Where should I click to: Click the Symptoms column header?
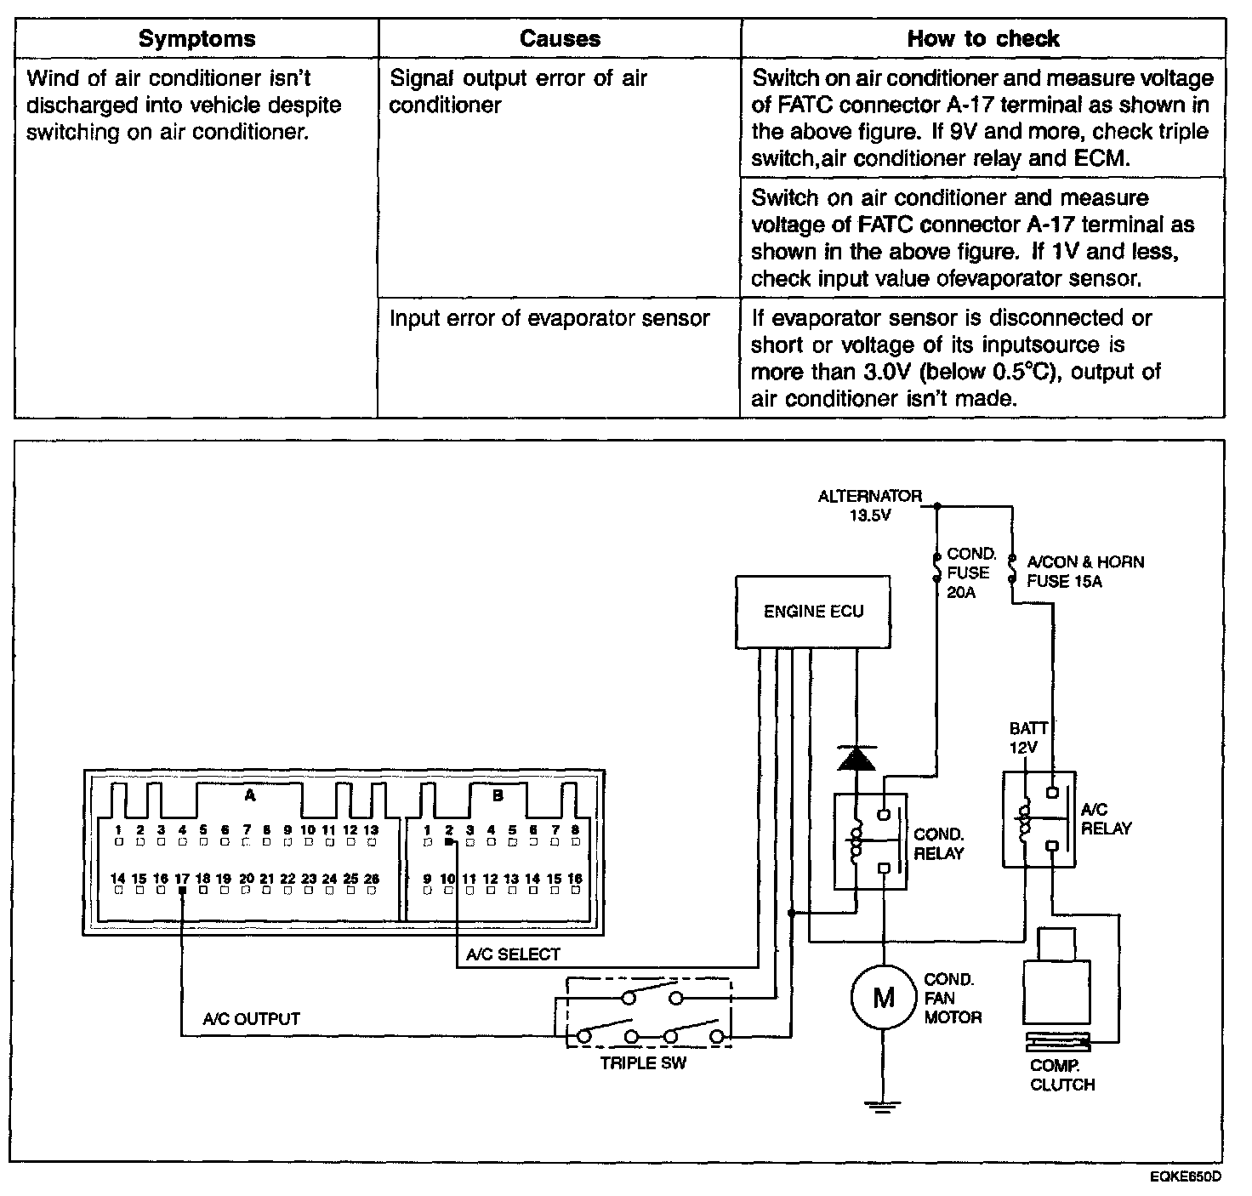(x=196, y=38)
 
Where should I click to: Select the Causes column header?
(x=560, y=38)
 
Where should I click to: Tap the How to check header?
(x=982, y=38)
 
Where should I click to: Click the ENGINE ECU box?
(x=813, y=612)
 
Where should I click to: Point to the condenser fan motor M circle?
(x=885, y=997)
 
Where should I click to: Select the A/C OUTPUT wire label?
(x=251, y=1018)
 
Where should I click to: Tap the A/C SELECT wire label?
(x=513, y=954)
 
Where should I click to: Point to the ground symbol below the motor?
(x=885, y=1106)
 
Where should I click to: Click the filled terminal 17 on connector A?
(x=182, y=891)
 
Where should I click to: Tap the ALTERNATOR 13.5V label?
(x=869, y=505)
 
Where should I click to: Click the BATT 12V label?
(x=1027, y=738)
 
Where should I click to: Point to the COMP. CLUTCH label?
(x=1061, y=1075)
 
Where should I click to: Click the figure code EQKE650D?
(x=1184, y=1176)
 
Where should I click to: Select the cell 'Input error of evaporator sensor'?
(x=549, y=318)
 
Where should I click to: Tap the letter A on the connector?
(x=249, y=795)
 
